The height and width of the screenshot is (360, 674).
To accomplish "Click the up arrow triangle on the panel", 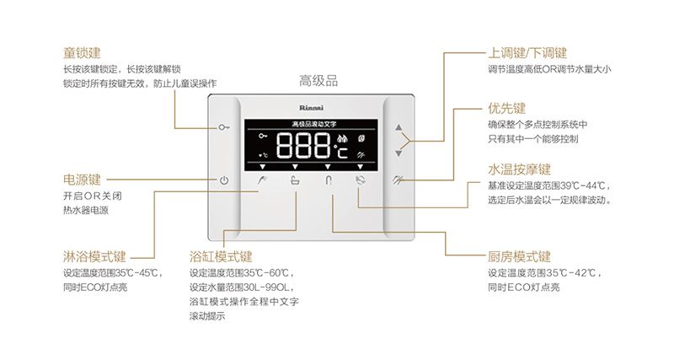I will pos(399,127).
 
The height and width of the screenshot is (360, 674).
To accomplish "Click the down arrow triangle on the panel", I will pos(399,153).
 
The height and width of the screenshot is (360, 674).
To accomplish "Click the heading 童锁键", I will pos(82,52).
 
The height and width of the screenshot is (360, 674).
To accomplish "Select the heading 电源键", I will pos(82,180).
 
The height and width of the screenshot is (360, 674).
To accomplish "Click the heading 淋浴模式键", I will pos(94,256).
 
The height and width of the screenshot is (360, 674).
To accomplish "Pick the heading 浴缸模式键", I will pos(221,256).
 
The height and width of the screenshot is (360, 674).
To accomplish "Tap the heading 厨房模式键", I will pos(519,256).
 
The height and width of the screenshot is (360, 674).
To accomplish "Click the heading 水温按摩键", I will pos(519,169).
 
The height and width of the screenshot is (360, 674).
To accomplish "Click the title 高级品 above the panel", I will pos(318,81).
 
